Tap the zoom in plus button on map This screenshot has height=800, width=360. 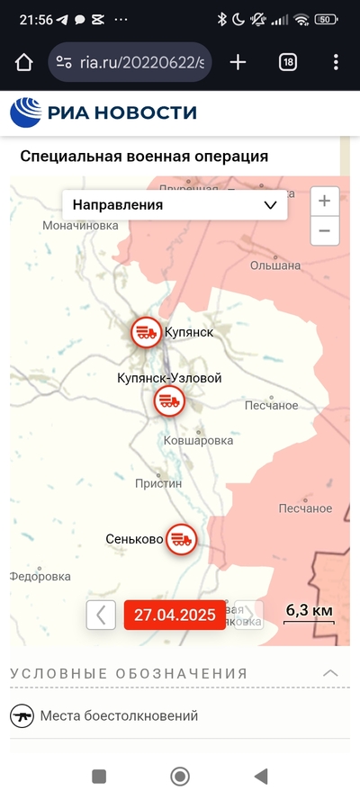coord(325,202)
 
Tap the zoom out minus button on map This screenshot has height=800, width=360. coord(325,231)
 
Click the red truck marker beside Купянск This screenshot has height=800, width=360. coord(146,332)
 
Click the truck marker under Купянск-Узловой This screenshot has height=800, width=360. coord(167,401)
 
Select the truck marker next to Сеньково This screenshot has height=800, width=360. coord(182,539)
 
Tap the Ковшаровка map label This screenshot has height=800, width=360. coord(198,441)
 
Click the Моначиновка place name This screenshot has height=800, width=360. coord(81,225)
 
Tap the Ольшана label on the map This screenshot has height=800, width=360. coord(274,265)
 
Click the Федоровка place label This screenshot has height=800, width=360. coord(40,576)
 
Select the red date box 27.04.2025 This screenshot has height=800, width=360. coord(175,615)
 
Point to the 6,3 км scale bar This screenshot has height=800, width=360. coord(309,613)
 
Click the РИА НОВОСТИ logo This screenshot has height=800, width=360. coord(103,112)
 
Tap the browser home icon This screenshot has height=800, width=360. coord(23,62)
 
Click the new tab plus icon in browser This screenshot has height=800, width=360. coord(238,62)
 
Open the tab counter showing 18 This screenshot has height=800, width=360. coord(288,62)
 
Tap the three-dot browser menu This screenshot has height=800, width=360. coord(336,62)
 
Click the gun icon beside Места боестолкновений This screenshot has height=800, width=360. coord(22,716)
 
